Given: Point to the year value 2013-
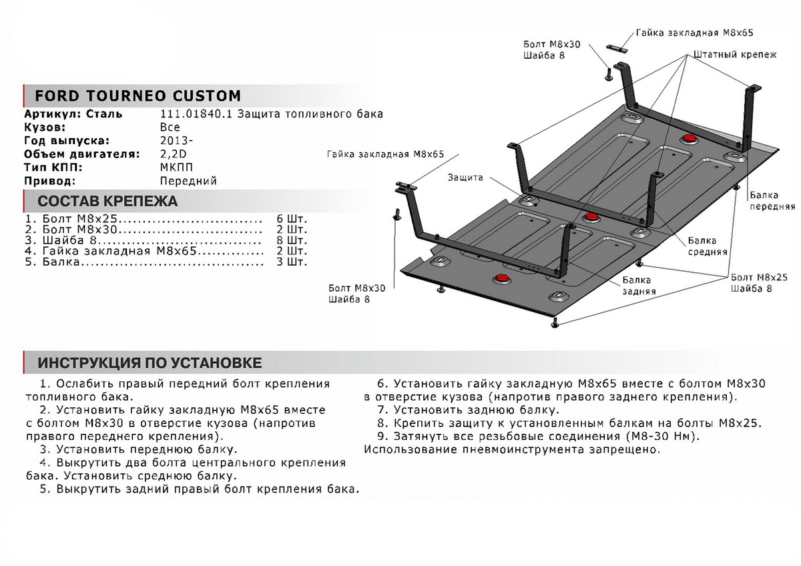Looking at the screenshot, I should coord(174,141).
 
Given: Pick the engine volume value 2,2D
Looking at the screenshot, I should coord(174,154).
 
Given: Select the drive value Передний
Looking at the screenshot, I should coord(188,181).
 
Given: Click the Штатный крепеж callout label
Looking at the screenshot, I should coord(735,55).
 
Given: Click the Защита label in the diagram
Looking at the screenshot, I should coord(467,178).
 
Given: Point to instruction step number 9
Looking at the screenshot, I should coord(382,436).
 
